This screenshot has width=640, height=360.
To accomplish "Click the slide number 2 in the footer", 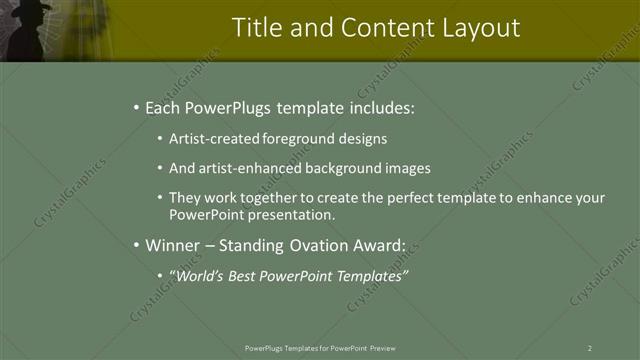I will coord(590,348).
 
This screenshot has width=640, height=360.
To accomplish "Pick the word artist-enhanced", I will coord(250,168).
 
